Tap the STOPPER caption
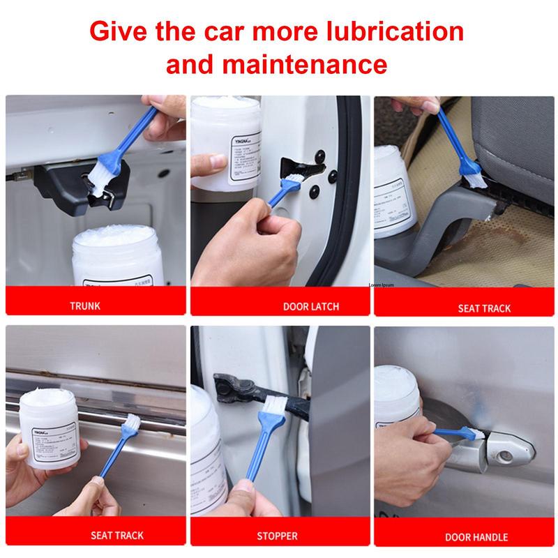click(x=277, y=536)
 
